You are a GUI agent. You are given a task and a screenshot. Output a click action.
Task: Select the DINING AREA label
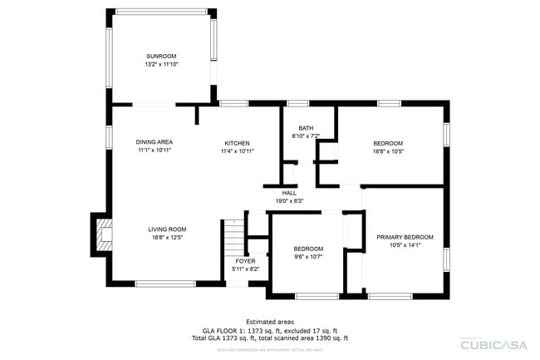[x=154, y=142]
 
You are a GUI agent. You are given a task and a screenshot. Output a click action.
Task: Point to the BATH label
[x=306, y=128]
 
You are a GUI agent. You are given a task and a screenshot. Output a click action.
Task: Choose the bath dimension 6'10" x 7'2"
[x=306, y=136]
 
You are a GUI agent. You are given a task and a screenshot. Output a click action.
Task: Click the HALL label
[x=289, y=193]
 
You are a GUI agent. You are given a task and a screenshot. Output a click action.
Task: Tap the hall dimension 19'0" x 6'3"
[x=289, y=200]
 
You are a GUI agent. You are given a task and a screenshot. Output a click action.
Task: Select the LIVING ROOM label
[x=167, y=229]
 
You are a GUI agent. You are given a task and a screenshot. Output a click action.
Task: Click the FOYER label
[x=245, y=261]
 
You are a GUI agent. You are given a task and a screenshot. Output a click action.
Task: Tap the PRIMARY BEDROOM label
[x=405, y=237]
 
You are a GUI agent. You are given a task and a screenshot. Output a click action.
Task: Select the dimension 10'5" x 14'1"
[x=405, y=245]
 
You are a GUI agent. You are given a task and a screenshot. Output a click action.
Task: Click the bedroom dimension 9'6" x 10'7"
[x=308, y=257]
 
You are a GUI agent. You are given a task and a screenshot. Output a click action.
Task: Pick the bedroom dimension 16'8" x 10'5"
[x=388, y=151]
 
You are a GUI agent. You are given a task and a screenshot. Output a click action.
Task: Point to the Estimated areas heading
[x=269, y=322]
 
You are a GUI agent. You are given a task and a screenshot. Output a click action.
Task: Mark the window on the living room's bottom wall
[x=165, y=284]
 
